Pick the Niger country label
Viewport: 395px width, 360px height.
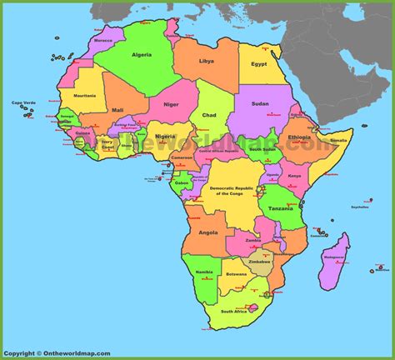tap(170, 106)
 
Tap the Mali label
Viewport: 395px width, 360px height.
tap(118, 110)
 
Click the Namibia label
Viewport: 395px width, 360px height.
tap(202, 272)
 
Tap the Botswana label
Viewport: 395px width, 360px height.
tap(237, 274)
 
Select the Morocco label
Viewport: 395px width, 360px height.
tap(103, 40)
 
